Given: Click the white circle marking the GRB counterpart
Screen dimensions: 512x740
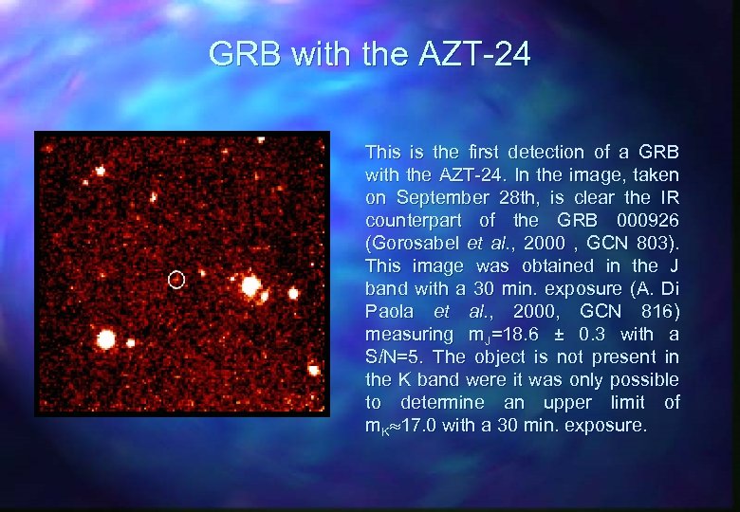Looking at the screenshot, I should tap(176, 279).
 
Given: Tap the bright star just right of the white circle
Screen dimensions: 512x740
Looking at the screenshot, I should tap(250, 284).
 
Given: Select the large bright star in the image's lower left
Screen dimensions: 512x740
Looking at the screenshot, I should tap(106, 338).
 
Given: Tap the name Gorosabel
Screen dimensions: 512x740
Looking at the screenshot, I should tap(414, 243).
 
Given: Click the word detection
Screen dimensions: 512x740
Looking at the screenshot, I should tap(546, 152).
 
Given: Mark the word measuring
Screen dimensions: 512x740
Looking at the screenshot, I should tap(409, 334).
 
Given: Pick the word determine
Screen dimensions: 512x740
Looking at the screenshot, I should tap(436, 402).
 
